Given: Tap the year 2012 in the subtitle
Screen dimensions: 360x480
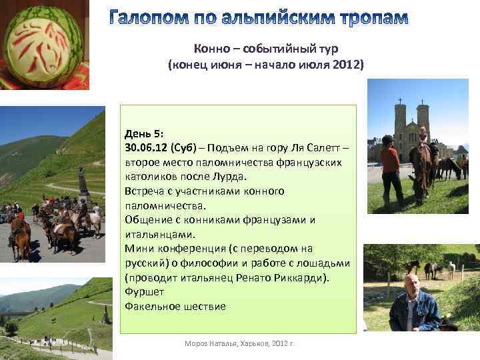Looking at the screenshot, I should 347,65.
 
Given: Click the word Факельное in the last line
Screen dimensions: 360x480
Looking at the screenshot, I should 153,306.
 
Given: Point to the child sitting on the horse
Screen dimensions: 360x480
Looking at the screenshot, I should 423,137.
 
